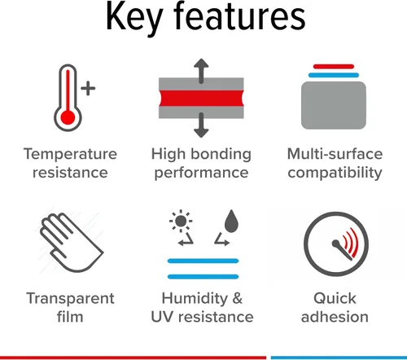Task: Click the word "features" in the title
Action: point(239,15)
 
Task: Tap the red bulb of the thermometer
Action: point(68,118)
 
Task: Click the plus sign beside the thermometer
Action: point(88,88)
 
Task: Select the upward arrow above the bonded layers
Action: point(201,71)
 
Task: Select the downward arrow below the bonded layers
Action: point(201,125)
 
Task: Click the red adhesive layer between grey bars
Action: point(201,98)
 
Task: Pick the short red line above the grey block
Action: point(334,67)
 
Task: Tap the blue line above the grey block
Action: point(334,75)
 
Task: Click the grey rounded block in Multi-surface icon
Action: point(334,105)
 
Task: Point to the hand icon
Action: point(72,243)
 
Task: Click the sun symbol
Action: point(181,221)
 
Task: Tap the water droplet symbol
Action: point(231,222)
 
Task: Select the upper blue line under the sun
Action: point(203,261)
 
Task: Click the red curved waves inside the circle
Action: point(351,243)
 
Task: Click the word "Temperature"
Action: point(70,154)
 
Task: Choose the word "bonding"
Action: point(221,154)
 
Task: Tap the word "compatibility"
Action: point(335,173)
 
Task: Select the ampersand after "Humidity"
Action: point(237,298)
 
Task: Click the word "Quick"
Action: point(335,298)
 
